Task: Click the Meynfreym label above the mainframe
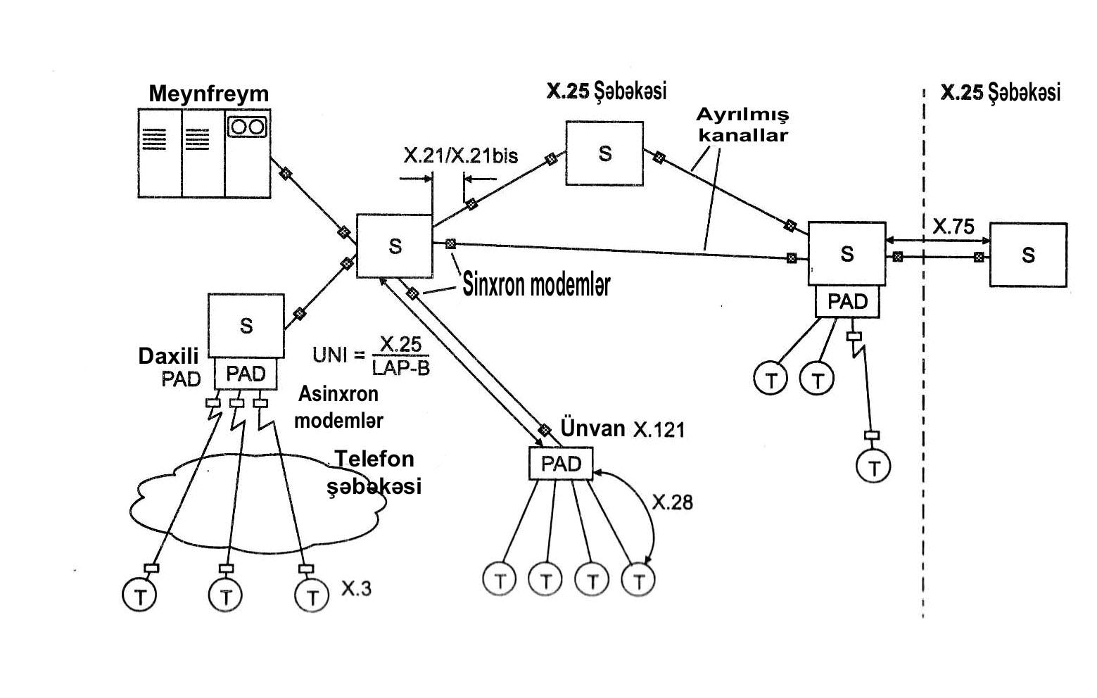click(208, 94)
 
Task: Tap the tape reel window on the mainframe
click(248, 127)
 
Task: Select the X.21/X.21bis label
click(460, 156)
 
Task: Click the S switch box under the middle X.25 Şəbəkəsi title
click(605, 153)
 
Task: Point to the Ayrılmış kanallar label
click(743, 125)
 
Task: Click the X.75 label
click(953, 227)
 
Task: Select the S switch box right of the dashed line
click(1028, 255)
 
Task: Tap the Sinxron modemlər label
click(537, 284)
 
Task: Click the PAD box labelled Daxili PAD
click(246, 373)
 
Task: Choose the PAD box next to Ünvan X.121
click(562, 464)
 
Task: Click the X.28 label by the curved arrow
click(673, 502)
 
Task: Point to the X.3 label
click(356, 588)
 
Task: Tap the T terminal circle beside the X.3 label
click(312, 596)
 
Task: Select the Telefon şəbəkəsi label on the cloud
click(374, 473)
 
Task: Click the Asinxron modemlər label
click(338, 407)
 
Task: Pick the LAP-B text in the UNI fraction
click(401, 367)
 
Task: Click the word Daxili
click(168, 356)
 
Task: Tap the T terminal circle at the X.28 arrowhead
click(638, 580)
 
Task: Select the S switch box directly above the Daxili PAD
click(246, 326)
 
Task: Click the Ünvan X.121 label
click(623, 429)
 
